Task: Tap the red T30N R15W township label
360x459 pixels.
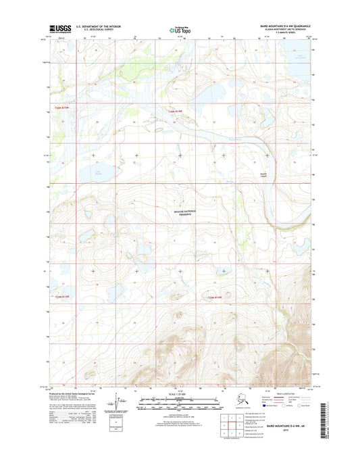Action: (62, 110)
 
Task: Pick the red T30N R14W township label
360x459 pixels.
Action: (175, 110)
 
